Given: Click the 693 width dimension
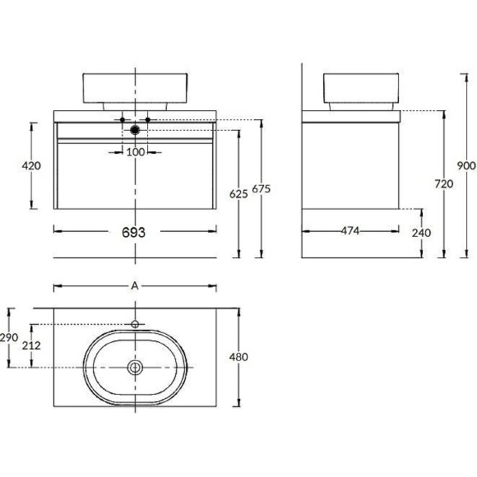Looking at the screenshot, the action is coord(133,233).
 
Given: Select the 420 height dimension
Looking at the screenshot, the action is coord(31,166).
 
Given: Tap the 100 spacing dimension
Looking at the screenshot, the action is coord(136,152).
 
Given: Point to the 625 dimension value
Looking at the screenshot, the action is coord(238,194).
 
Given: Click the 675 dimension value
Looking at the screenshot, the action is coord(261,189).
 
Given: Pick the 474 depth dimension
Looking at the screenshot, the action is coord(350,231).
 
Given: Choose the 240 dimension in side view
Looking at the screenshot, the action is coord(421,233).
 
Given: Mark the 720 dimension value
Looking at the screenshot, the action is coord(444,184).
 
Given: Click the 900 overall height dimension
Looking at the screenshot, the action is coord(466,166).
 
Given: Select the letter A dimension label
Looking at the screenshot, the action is coord(135,286).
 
